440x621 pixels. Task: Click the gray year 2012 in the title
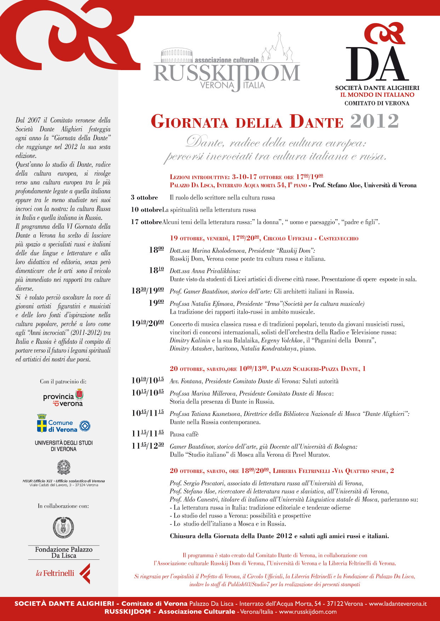374,121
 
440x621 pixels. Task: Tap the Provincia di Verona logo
63,398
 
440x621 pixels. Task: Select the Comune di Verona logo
63,424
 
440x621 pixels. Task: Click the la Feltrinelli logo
63,573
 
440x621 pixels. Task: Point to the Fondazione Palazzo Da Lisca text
64,552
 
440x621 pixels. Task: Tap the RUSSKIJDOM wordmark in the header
227,73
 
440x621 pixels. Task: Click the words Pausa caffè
184,434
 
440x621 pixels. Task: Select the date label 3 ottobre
144,198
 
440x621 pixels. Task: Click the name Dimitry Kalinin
190,341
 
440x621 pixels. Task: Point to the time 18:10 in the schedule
156,270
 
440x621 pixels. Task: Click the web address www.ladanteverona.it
398,604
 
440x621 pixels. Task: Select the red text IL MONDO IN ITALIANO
377,95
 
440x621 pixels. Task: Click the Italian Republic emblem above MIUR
64,467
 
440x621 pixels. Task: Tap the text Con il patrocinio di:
63,382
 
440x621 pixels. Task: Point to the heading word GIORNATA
189,122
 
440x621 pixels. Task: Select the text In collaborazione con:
63,506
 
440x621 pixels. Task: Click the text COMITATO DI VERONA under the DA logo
377,103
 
